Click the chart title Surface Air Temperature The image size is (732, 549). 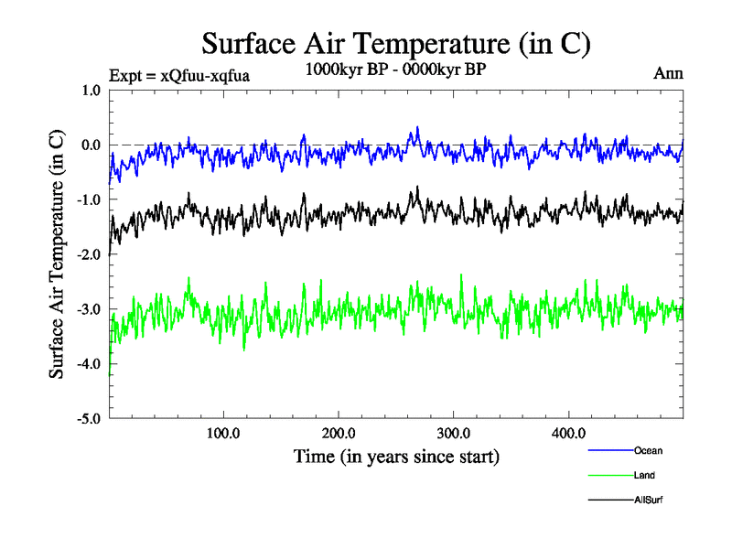point(395,44)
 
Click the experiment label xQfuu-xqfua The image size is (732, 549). point(178,76)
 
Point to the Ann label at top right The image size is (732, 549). point(667,72)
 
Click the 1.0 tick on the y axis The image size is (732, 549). point(91,91)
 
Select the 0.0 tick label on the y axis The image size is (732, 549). point(91,145)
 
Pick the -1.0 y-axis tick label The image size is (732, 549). point(90,200)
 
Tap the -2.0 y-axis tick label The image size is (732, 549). point(90,255)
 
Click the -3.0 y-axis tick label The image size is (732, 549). point(90,310)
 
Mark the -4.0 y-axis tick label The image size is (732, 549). point(90,365)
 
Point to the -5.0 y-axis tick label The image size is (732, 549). point(90,420)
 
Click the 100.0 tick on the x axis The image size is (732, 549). point(223,433)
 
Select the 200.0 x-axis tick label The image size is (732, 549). point(339,433)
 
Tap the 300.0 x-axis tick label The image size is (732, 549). point(454,433)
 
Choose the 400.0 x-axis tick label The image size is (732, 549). point(569,433)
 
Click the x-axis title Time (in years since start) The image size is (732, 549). point(396,456)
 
